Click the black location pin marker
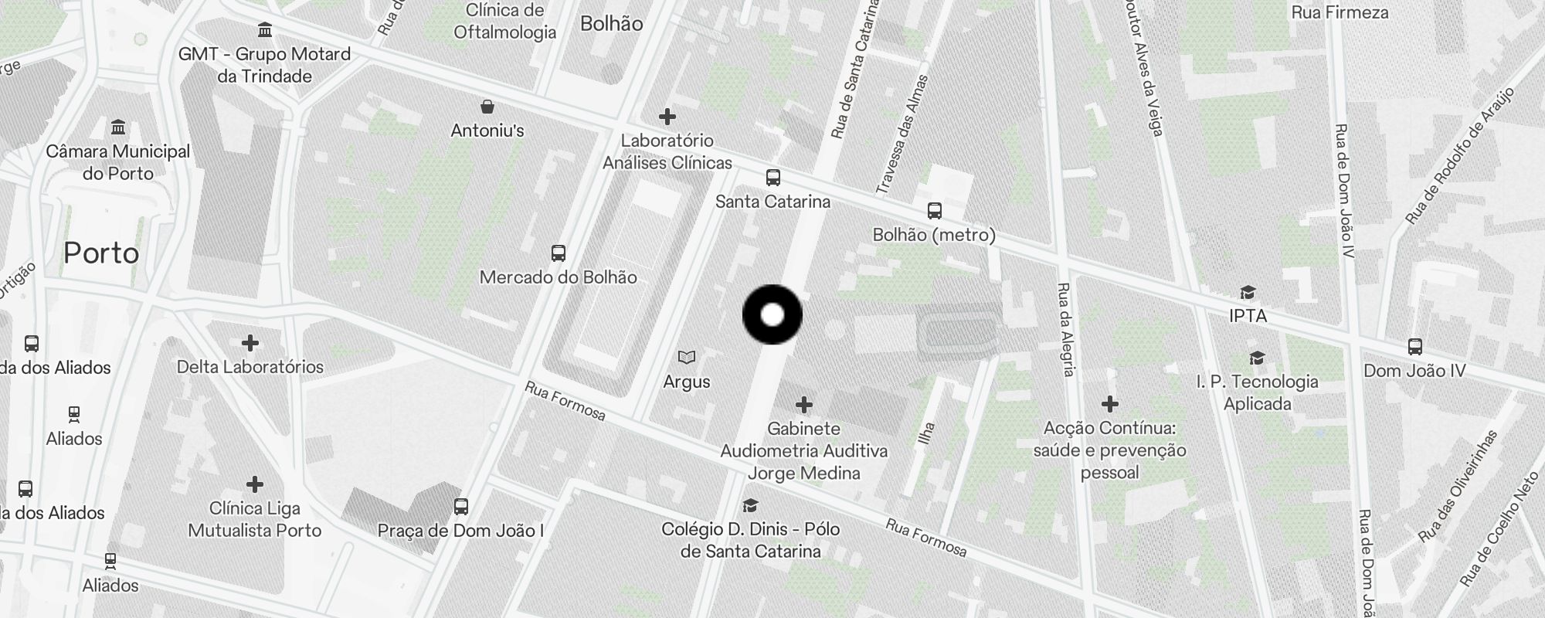point(772,315)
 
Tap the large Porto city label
point(101,253)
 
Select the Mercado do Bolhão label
point(558,277)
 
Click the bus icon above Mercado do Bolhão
point(558,253)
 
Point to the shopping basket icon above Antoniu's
point(487,107)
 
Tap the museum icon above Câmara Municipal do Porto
point(118,127)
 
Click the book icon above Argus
point(687,357)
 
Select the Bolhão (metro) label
point(934,235)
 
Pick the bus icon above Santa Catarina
point(772,178)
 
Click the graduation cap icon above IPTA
point(1248,292)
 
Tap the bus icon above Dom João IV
point(1414,347)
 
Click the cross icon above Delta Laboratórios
point(250,343)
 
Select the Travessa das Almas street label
point(902,134)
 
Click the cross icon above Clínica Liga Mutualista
point(255,484)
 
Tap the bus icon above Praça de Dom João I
point(461,507)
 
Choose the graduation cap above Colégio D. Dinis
point(749,506)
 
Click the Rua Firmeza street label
point(1340,13)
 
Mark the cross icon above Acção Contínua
point(1110,404)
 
